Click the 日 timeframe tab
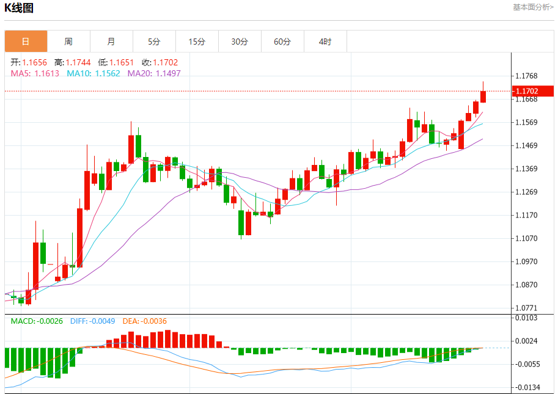pos(26,42)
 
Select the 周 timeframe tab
pos(68,42)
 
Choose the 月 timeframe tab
pos(111,42)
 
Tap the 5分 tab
pos(154,42)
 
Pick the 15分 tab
pos(197,42)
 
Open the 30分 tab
pos(240,42)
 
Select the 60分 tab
pos(282,42)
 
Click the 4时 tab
pos(325,42)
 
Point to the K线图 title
pos(20,8)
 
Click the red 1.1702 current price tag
pos(533,91)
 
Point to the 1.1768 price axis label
pos(526,76)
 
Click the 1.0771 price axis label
pos(526,308)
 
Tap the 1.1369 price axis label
pos(526,169)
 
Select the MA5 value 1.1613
pos(46,73)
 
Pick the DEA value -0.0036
pos(153,321)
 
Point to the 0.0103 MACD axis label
pos(526,318)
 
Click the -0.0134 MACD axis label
pos(526,387)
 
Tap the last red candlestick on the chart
pos(483,96)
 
